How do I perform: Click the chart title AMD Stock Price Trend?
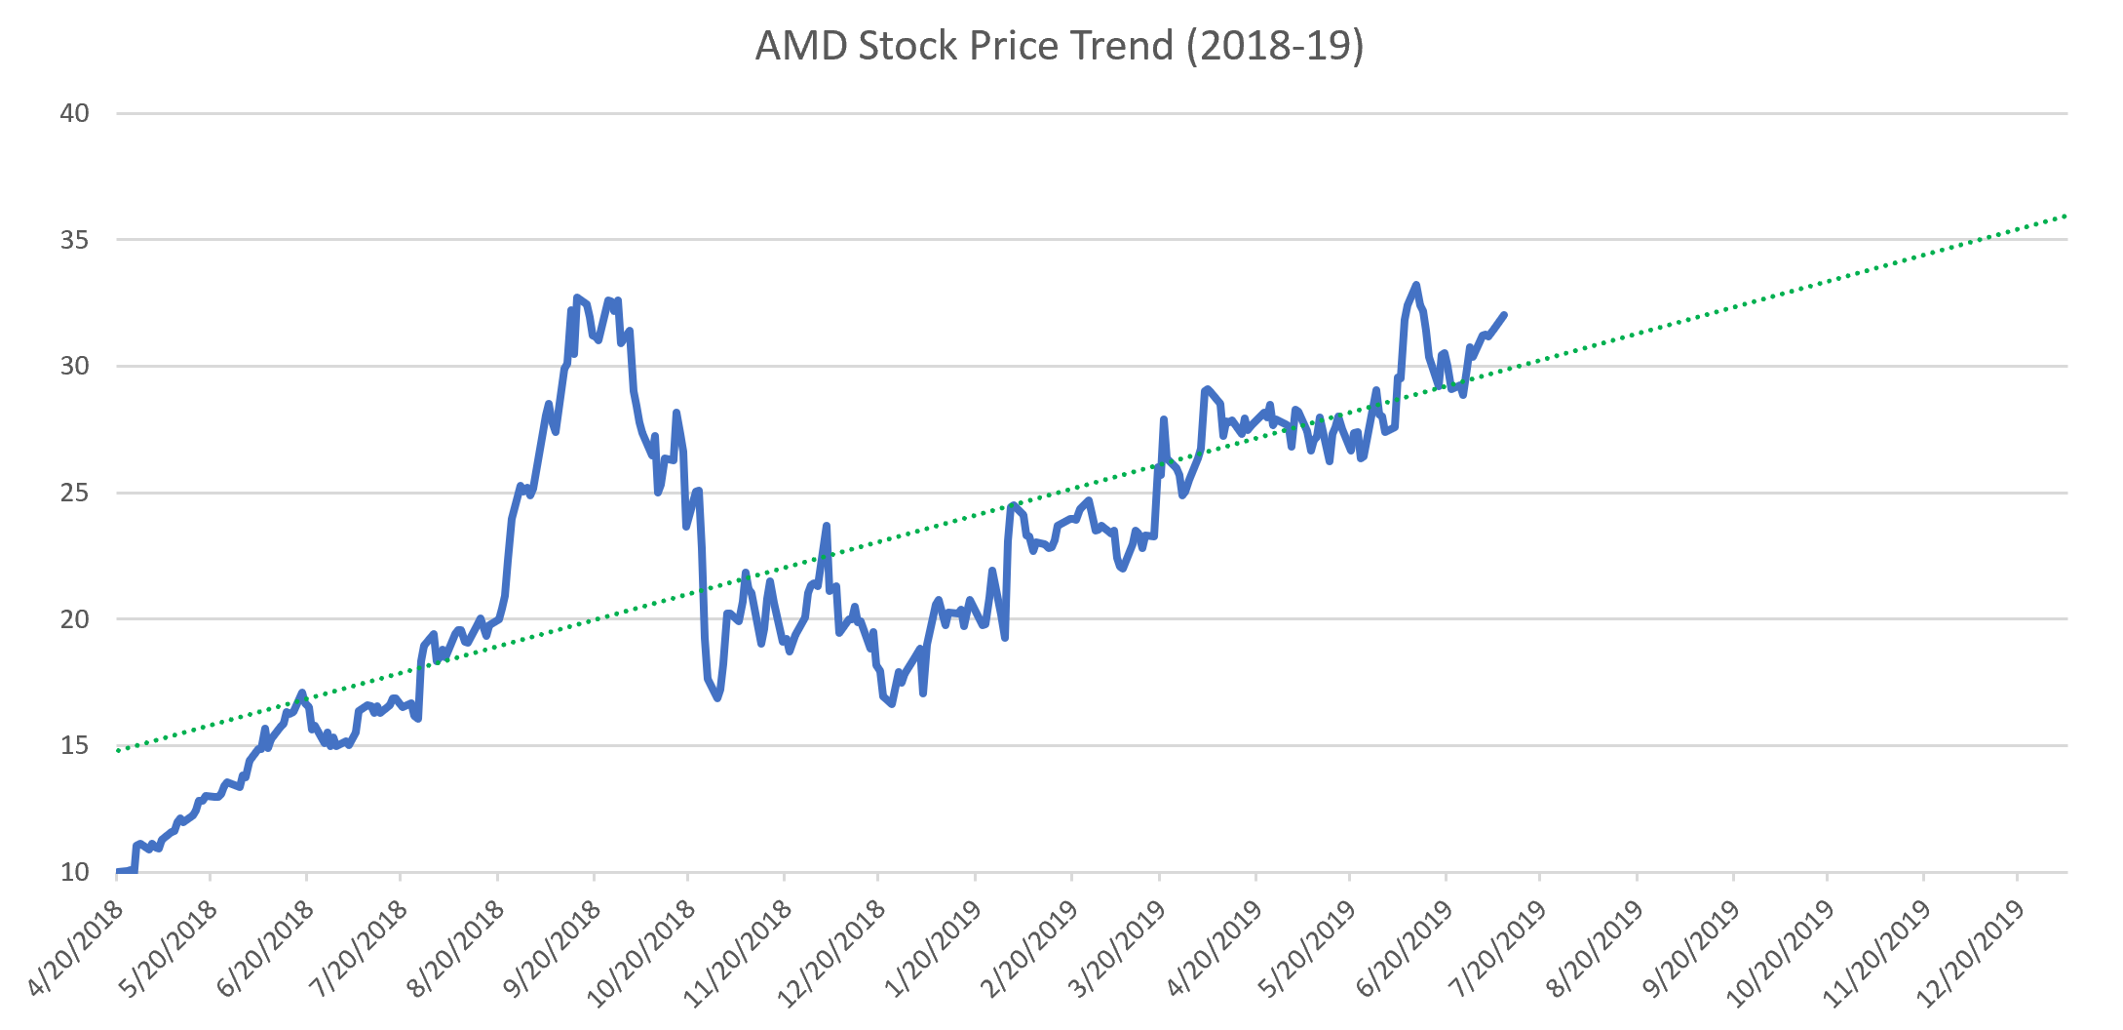click(1060, 46)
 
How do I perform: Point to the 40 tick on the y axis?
click(74, 113)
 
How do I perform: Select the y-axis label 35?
click(74, 240)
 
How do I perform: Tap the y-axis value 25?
click(74, 493)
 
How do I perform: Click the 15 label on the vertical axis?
click(74, 746)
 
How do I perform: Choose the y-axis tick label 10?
click(74, 872)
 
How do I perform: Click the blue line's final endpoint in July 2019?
click(1505, 314)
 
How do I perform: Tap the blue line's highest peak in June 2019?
click(1415, 285)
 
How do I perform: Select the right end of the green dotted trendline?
click(2065, 216)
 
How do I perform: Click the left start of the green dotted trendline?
click(118, 750)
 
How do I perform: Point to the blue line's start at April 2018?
click(118, 871)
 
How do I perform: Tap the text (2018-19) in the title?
click(1274, 46)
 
